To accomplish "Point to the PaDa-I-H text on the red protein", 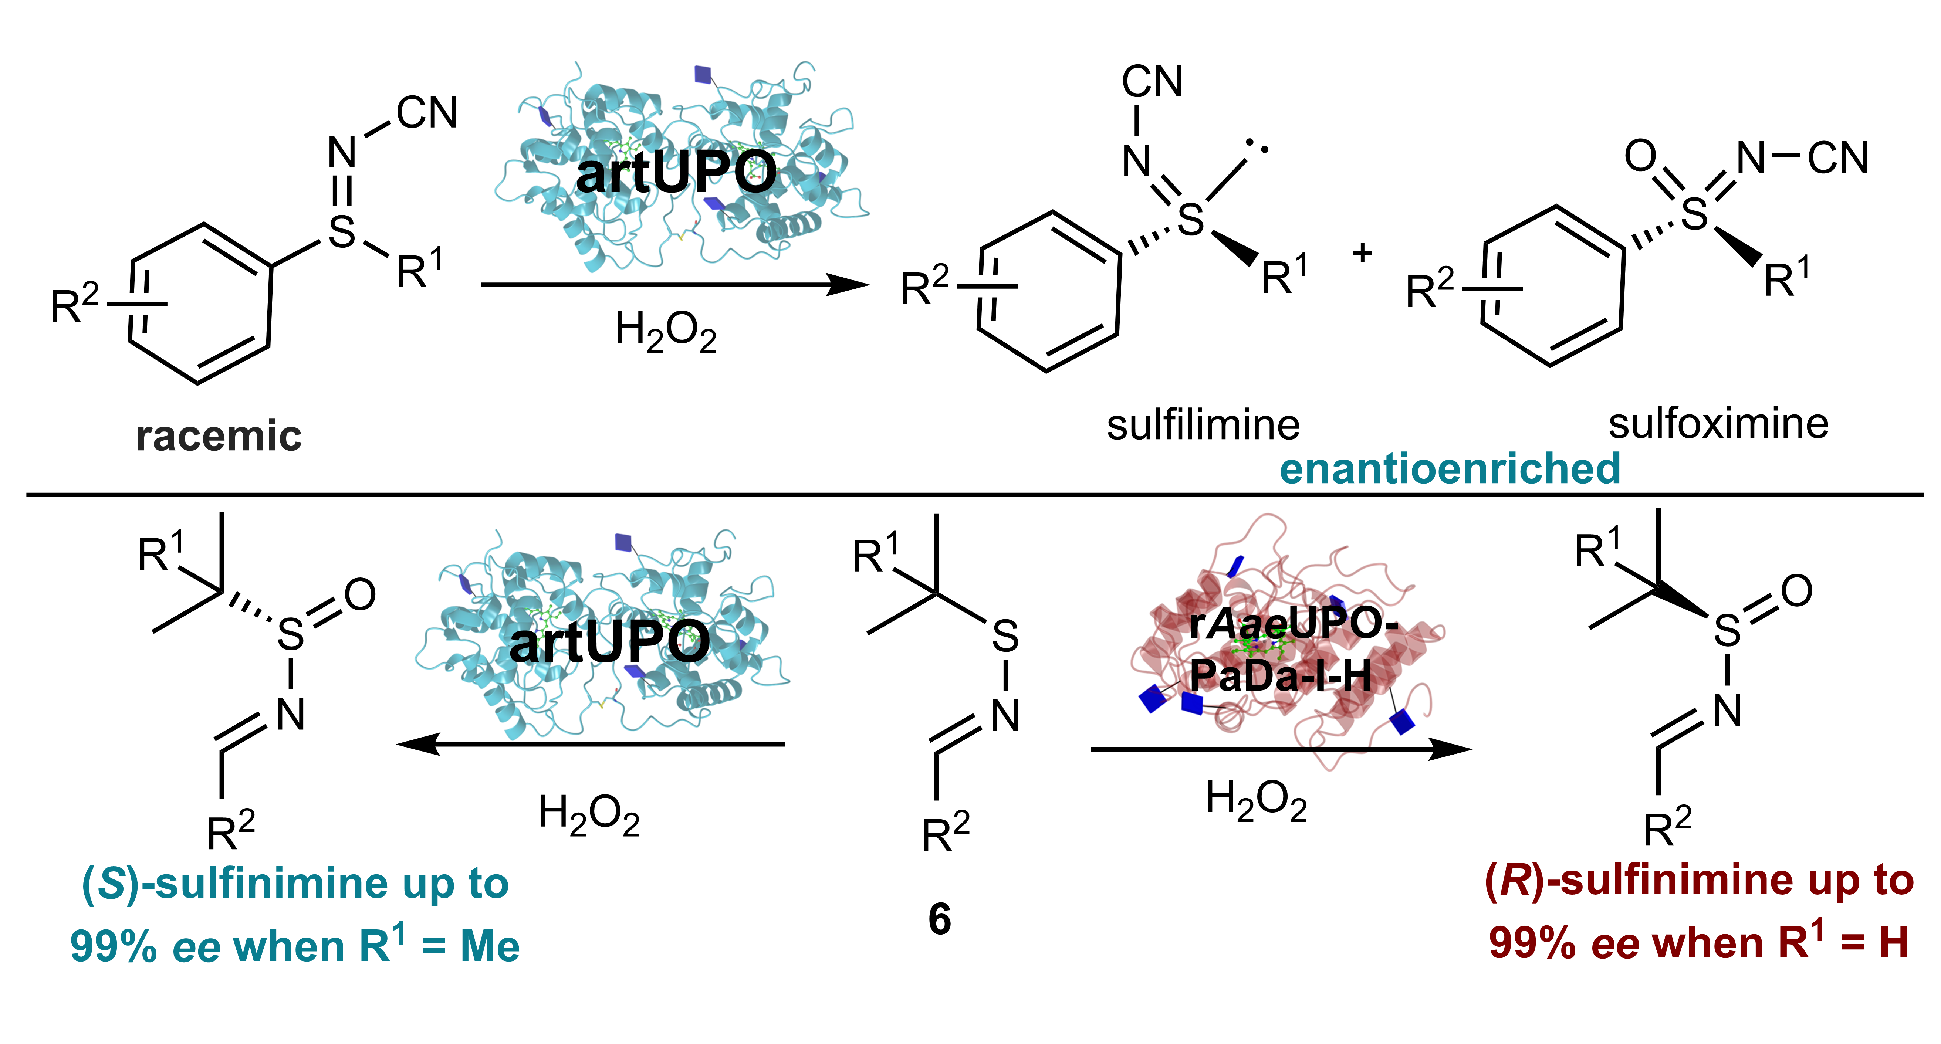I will pyautogui.click(x=1281, y=676).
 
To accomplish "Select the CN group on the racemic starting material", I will pyautogui.click(x=426, y=113).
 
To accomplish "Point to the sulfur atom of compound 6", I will pyautogui.click(x=1005, y=637).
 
